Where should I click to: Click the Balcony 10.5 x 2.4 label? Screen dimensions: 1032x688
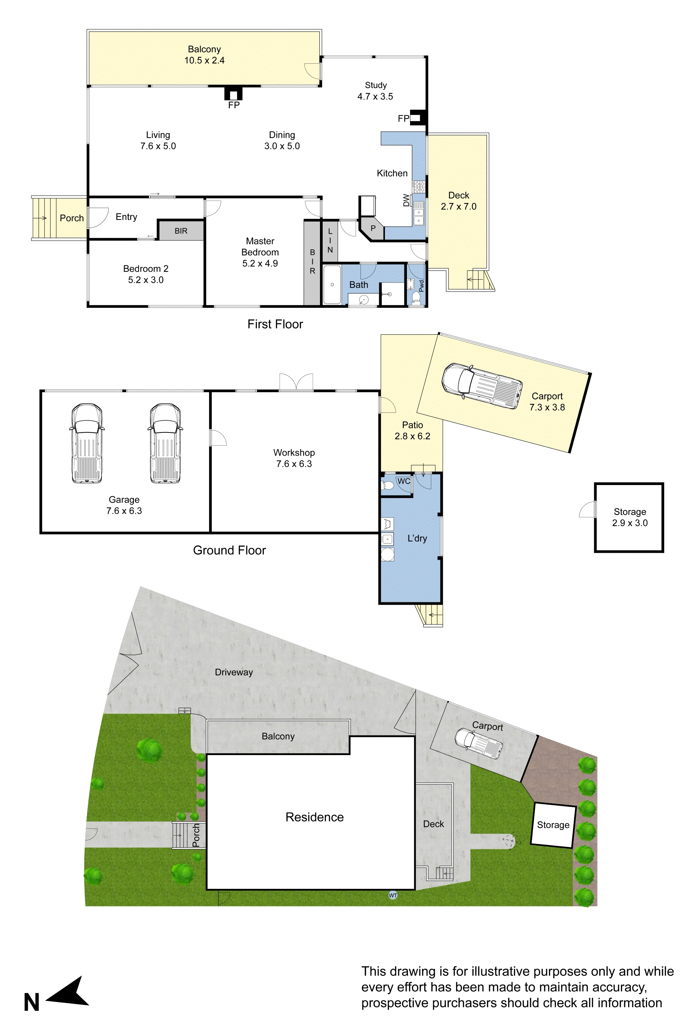point(204,55)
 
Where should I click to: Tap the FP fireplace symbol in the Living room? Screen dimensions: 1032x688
point(234,94)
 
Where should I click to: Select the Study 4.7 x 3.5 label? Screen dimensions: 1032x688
point(375,91)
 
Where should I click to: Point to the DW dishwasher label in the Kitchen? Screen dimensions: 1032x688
point(406,201)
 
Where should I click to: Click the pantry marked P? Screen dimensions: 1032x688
point(373,229)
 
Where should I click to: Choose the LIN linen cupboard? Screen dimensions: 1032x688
point(330,240)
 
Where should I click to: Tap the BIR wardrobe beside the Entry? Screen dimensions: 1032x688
point(181,231)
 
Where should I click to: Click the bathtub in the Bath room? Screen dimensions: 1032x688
point(332,284)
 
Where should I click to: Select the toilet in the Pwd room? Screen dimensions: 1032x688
point(416,298)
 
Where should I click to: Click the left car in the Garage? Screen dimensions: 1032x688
point(87,443)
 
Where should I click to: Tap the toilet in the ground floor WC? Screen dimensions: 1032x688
point(388,486)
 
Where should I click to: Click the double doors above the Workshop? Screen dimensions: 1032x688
point(296,382)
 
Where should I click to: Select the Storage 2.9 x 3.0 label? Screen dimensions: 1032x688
point(630,517)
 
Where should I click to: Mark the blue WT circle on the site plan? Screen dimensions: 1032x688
point(393,895)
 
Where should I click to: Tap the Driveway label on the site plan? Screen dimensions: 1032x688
point(234,672)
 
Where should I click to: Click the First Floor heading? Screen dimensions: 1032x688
point(275,324)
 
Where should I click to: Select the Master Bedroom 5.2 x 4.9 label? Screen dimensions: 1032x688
point(260,252)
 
